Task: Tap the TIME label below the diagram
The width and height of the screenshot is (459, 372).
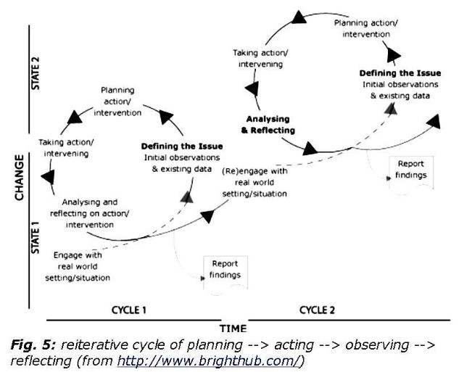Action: [x=233, y=327]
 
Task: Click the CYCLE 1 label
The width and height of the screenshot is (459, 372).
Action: [x=130, y=310]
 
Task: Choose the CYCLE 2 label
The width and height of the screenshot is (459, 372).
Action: [x=317, y=310]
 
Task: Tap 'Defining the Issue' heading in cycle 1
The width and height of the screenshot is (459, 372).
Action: [x=182, y=146]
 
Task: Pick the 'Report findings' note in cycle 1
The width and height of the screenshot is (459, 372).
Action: [x=224, y=270]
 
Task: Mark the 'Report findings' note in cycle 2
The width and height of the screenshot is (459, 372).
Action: [x=410, y=169]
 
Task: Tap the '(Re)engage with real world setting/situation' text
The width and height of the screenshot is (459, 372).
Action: [x=254, y=183]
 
